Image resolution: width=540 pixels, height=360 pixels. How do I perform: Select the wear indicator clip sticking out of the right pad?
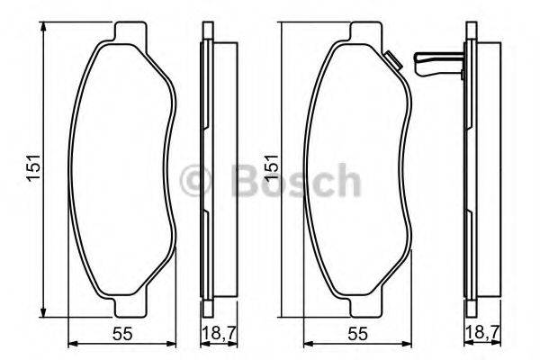(436, 65)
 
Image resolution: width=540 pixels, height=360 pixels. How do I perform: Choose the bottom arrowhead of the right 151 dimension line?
(280, 314)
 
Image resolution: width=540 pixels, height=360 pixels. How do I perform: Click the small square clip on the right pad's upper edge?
(391, 62)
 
